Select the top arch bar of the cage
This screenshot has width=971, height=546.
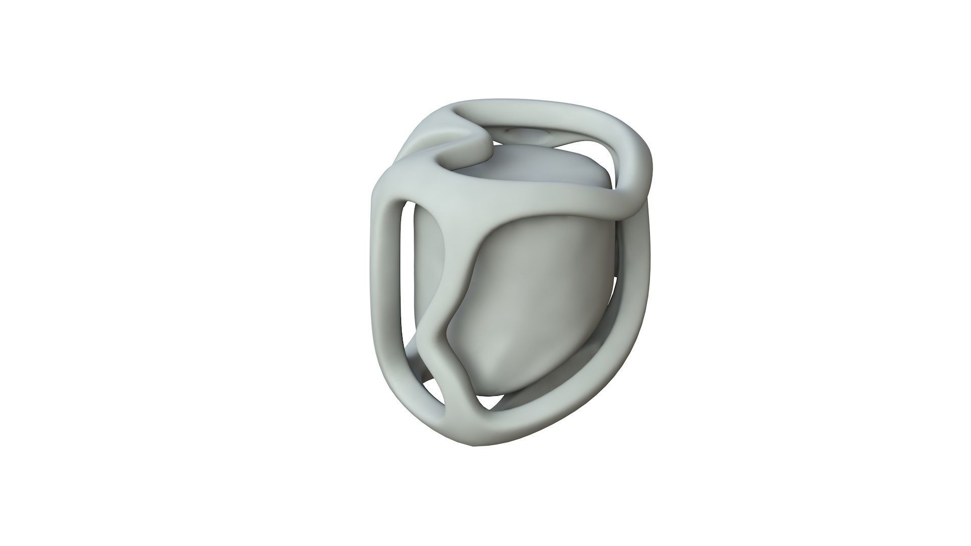tap(531, 109)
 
